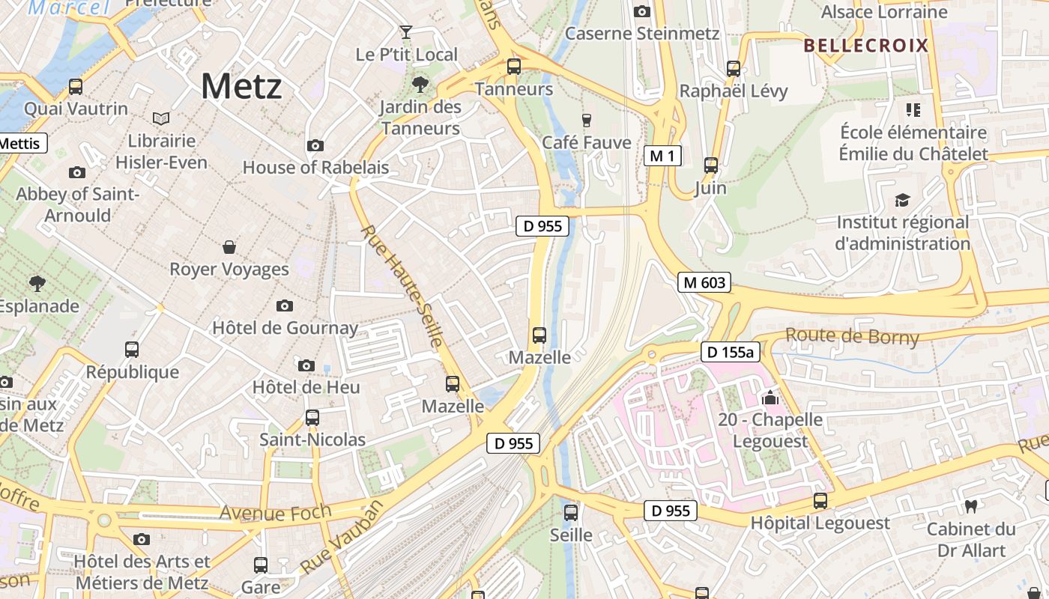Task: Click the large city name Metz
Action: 241,86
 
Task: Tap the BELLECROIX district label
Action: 865,46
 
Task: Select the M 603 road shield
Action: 704,282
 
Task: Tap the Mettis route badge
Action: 22,143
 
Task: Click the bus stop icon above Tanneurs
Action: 514,67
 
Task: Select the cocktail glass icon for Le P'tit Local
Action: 406,32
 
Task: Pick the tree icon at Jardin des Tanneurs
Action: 420,85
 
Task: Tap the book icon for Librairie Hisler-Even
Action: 160,118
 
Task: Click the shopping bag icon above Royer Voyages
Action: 229,247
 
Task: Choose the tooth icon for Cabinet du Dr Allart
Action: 972,506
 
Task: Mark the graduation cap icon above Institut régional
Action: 902,201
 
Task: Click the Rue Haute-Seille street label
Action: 402,287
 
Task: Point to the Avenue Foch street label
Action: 275,513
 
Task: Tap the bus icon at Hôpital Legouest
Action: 820,501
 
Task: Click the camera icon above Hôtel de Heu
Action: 306,365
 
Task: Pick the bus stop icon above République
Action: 132,350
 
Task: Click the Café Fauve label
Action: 587,142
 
